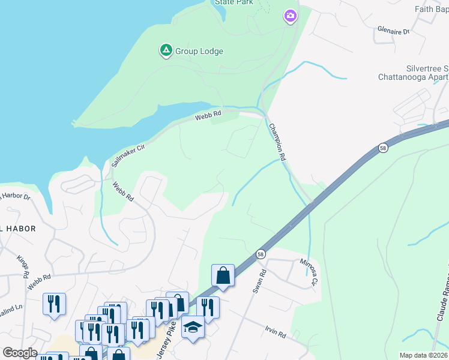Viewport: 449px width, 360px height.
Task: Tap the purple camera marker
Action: (x=291, y=16)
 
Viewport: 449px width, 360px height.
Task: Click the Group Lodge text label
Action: (x=199, y=52)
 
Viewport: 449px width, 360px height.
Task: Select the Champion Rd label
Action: (x=277, y=142)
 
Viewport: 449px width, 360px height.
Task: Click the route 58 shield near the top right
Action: (x=382, y=148)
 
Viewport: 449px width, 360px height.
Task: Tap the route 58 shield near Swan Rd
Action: (x=261, y=254)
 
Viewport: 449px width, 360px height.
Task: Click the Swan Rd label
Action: (x=259, y=281)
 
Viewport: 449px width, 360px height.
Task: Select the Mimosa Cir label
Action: (x=310, y=272)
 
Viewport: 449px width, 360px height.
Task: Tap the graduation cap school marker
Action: (x=193, y=327)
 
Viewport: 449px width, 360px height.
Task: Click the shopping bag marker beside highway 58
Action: (x=223, y=276)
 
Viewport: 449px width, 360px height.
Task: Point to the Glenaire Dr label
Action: (x=393, y=31)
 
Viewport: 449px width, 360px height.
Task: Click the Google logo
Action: (x=20, y=353)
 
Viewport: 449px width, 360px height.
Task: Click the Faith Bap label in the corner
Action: (x=432, y=9)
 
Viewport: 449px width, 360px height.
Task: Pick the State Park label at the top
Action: (x=234, y=2)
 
